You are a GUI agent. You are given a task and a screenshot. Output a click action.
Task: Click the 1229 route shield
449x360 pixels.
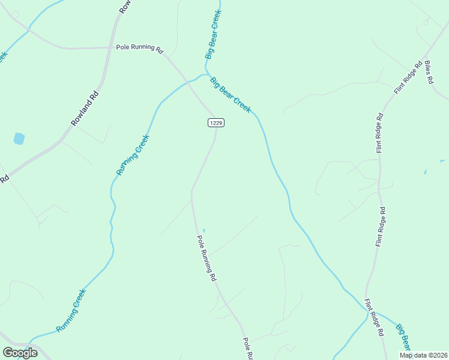click(x=216, y=122)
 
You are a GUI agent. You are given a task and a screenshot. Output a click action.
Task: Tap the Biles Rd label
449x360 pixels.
click(x=429, y=72)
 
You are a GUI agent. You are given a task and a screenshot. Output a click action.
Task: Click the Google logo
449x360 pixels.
click(x=20, y=352)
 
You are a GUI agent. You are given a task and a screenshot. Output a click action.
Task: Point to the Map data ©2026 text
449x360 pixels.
click(x=423, y=355)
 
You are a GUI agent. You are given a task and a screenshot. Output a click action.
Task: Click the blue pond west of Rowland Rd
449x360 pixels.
click(x=19, y=139)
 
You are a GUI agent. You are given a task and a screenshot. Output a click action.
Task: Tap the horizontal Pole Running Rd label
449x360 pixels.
click(x=140, y=47)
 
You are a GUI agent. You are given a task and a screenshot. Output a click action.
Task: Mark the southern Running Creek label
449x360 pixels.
click(x=71, y=310)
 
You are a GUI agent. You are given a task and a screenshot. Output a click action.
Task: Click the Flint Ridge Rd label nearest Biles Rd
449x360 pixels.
click(x=409, y=77)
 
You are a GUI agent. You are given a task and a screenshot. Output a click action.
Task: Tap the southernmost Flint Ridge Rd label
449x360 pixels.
click(x=375, y=317)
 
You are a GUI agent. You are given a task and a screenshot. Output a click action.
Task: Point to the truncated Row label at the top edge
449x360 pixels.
click(x=125, y=6)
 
